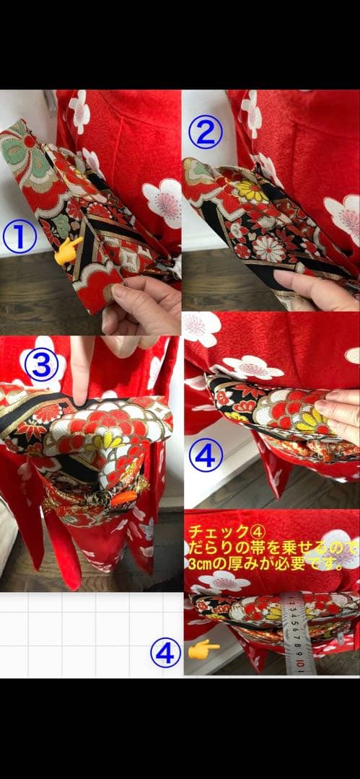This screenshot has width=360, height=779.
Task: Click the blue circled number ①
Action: tap(19, 237)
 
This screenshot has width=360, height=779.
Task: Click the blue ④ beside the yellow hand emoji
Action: tap(165, 653)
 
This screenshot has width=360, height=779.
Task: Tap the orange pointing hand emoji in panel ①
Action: tap(69, 250)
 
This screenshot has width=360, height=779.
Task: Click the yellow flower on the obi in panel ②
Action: tap(250, 191)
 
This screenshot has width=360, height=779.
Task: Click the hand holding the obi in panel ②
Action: tap(317, 288)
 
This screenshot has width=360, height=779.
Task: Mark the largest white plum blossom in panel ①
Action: tap(163, 201)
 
